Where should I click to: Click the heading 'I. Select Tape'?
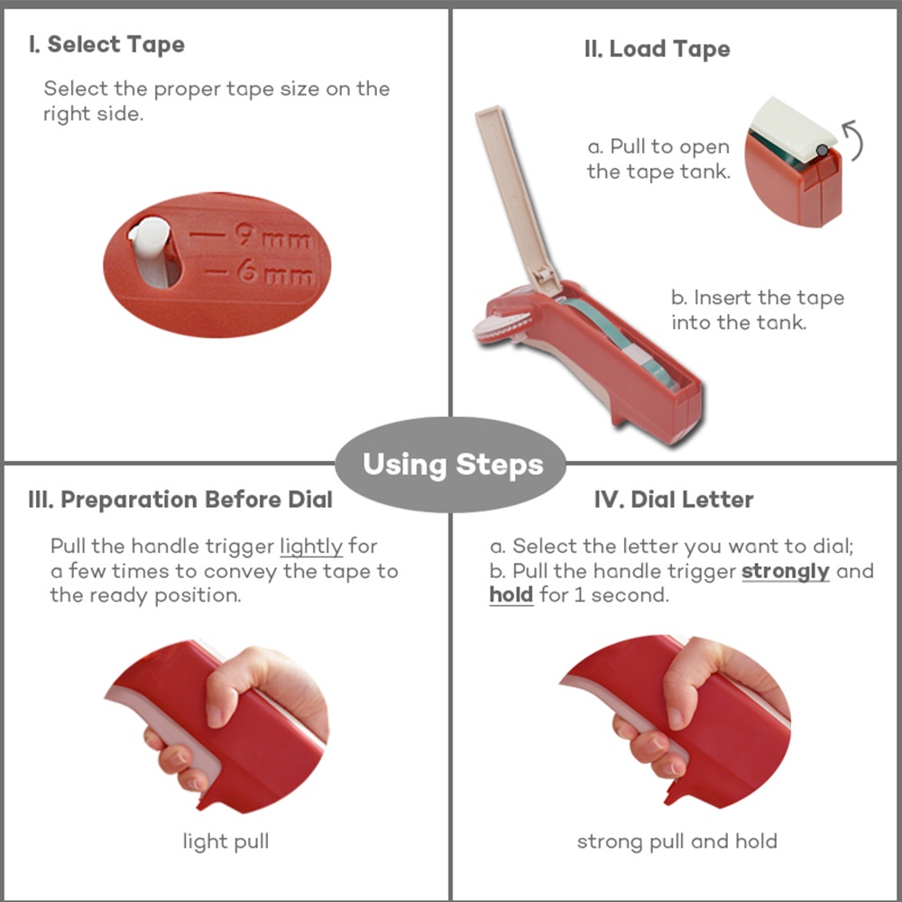[x=107, y=45]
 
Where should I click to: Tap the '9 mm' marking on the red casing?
[x=274, y=235]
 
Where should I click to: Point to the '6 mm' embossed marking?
[x=276, y=272]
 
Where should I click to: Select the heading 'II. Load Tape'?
[x=657, y=50]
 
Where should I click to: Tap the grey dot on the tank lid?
[x=823, y=151]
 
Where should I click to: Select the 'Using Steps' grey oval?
[x=451, y=465]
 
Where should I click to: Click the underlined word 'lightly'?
[x=311, y=547]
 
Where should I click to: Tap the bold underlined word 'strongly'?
[x=786, y=571]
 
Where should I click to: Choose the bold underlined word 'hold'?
[x=511, y=594]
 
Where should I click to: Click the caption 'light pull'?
[x=225, y=842]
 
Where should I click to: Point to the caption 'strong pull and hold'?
[x=677, y=842]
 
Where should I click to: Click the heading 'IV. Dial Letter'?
[x=674, y=500]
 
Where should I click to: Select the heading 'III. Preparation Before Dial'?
[x=180, y=500]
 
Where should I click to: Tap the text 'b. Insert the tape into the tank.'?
[x=758, y=310]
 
